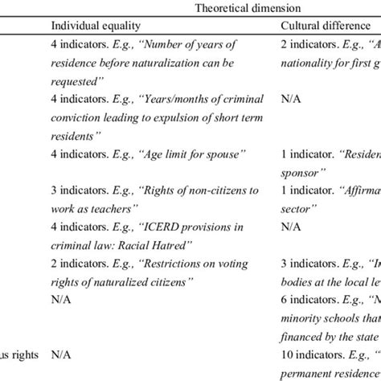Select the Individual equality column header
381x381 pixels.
tap(95, 27)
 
